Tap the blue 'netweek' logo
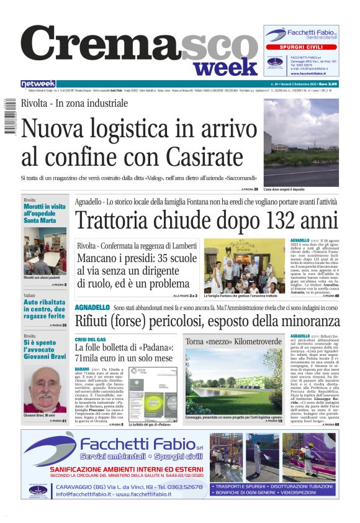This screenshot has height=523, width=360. pyautogui.click(x=38, y=83)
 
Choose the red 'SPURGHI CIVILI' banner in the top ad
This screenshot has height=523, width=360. pyautogui.click(x=301, y=47)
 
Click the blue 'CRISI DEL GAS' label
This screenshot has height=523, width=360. pyautogui.click(x=91, y=340)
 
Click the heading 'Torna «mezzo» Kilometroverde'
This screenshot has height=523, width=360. pyautogui.click(x=235, y=342)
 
